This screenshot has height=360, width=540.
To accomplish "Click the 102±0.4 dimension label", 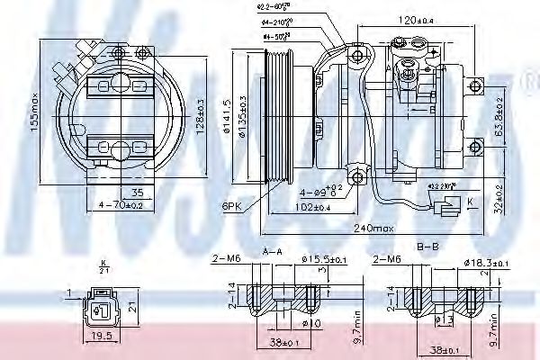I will point(311,208).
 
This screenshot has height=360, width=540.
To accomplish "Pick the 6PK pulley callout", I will point(232,206).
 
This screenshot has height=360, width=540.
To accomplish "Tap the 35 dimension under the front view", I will point(137,193).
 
